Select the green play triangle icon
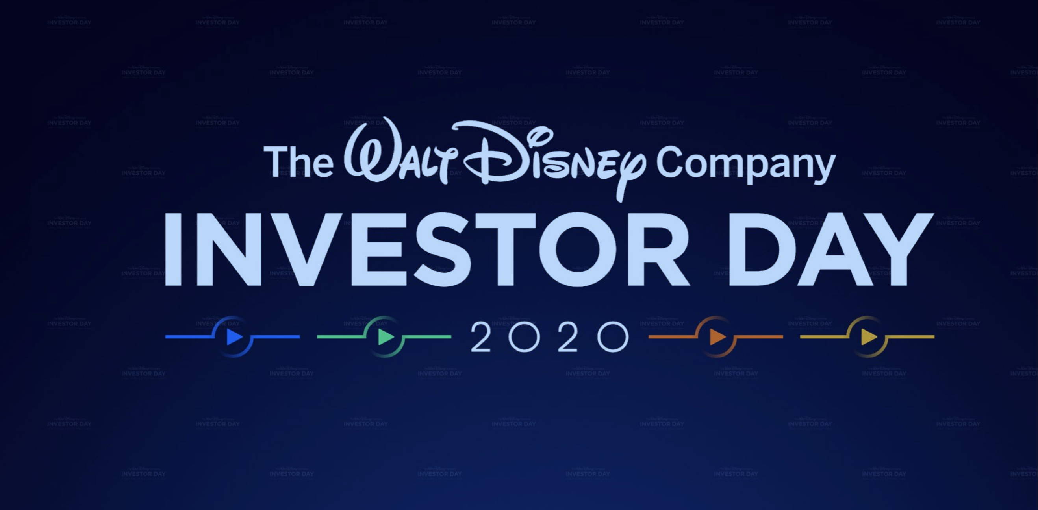pos(386,337)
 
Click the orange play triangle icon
pos(717,337)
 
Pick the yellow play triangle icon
pos(869,337)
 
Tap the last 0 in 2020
pos(613,336)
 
